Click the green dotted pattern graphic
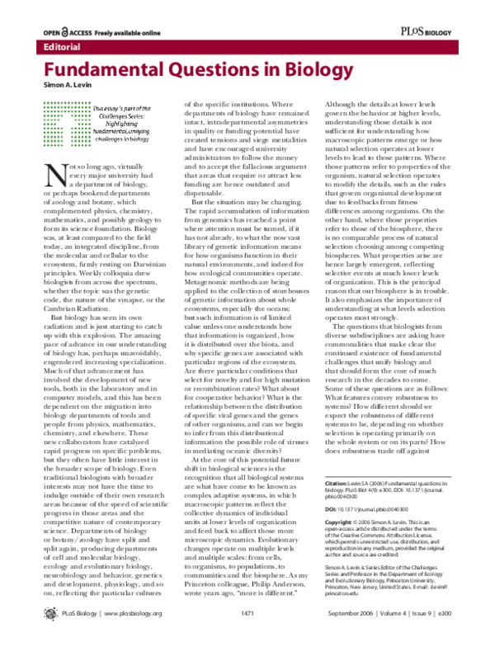(67, 122)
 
